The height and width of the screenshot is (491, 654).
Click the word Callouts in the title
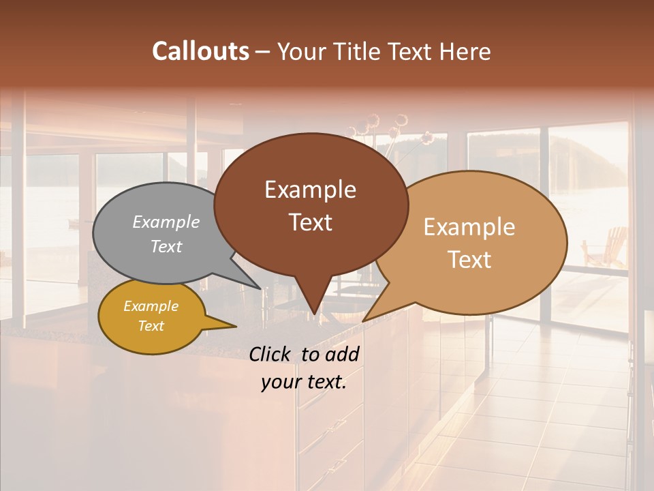pyautogui.click(x=200, y=51)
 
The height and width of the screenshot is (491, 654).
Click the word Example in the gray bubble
pyautogui.click(x=166, y=222)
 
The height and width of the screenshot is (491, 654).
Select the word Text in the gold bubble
pyautogui.click(x=151, y=326)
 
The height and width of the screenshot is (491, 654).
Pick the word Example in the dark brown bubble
pyautogui.click(x=310, y=190)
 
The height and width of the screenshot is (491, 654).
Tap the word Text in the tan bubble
pyautogui.click(x=469, y=260)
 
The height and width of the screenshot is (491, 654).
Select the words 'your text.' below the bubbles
pyautogui.click(x=304, y=382)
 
